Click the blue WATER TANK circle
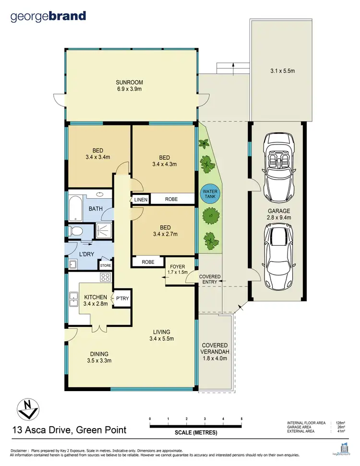click(209, 195)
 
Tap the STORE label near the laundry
click(105, 265)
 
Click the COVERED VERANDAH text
click(215, 348)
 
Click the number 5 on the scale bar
click(241, 419)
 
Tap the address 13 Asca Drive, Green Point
click(69, 430)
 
